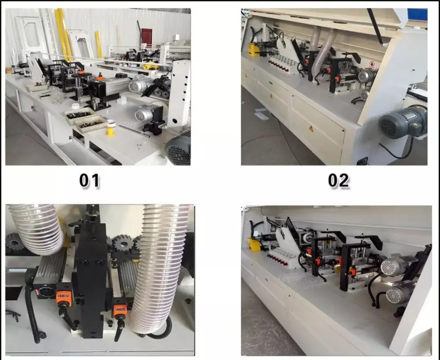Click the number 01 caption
pos(89,180)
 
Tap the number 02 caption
pos(338,180)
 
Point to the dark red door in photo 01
pos(147,37)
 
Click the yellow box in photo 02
pos(253,50)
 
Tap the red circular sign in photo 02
pos(372,64)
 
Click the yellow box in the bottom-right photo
pos(254,244)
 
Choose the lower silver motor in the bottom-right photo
pos(399,293)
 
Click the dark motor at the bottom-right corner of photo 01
pos(178,150)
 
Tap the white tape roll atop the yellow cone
pos(111,123)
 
